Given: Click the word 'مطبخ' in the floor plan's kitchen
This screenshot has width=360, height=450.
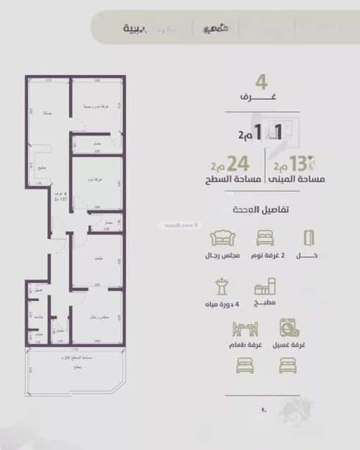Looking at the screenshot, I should (42, 169).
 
